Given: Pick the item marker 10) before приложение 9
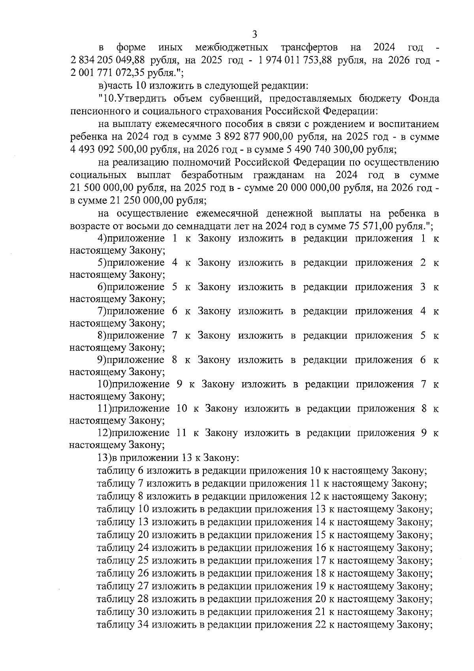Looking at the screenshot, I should tap(105, 384).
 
